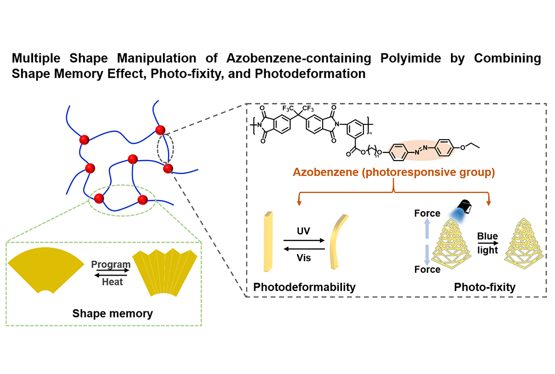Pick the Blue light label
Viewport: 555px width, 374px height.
tap(488, 241)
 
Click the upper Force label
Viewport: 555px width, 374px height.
tap(426, 213)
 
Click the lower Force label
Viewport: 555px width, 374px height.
tap(426, 269)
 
